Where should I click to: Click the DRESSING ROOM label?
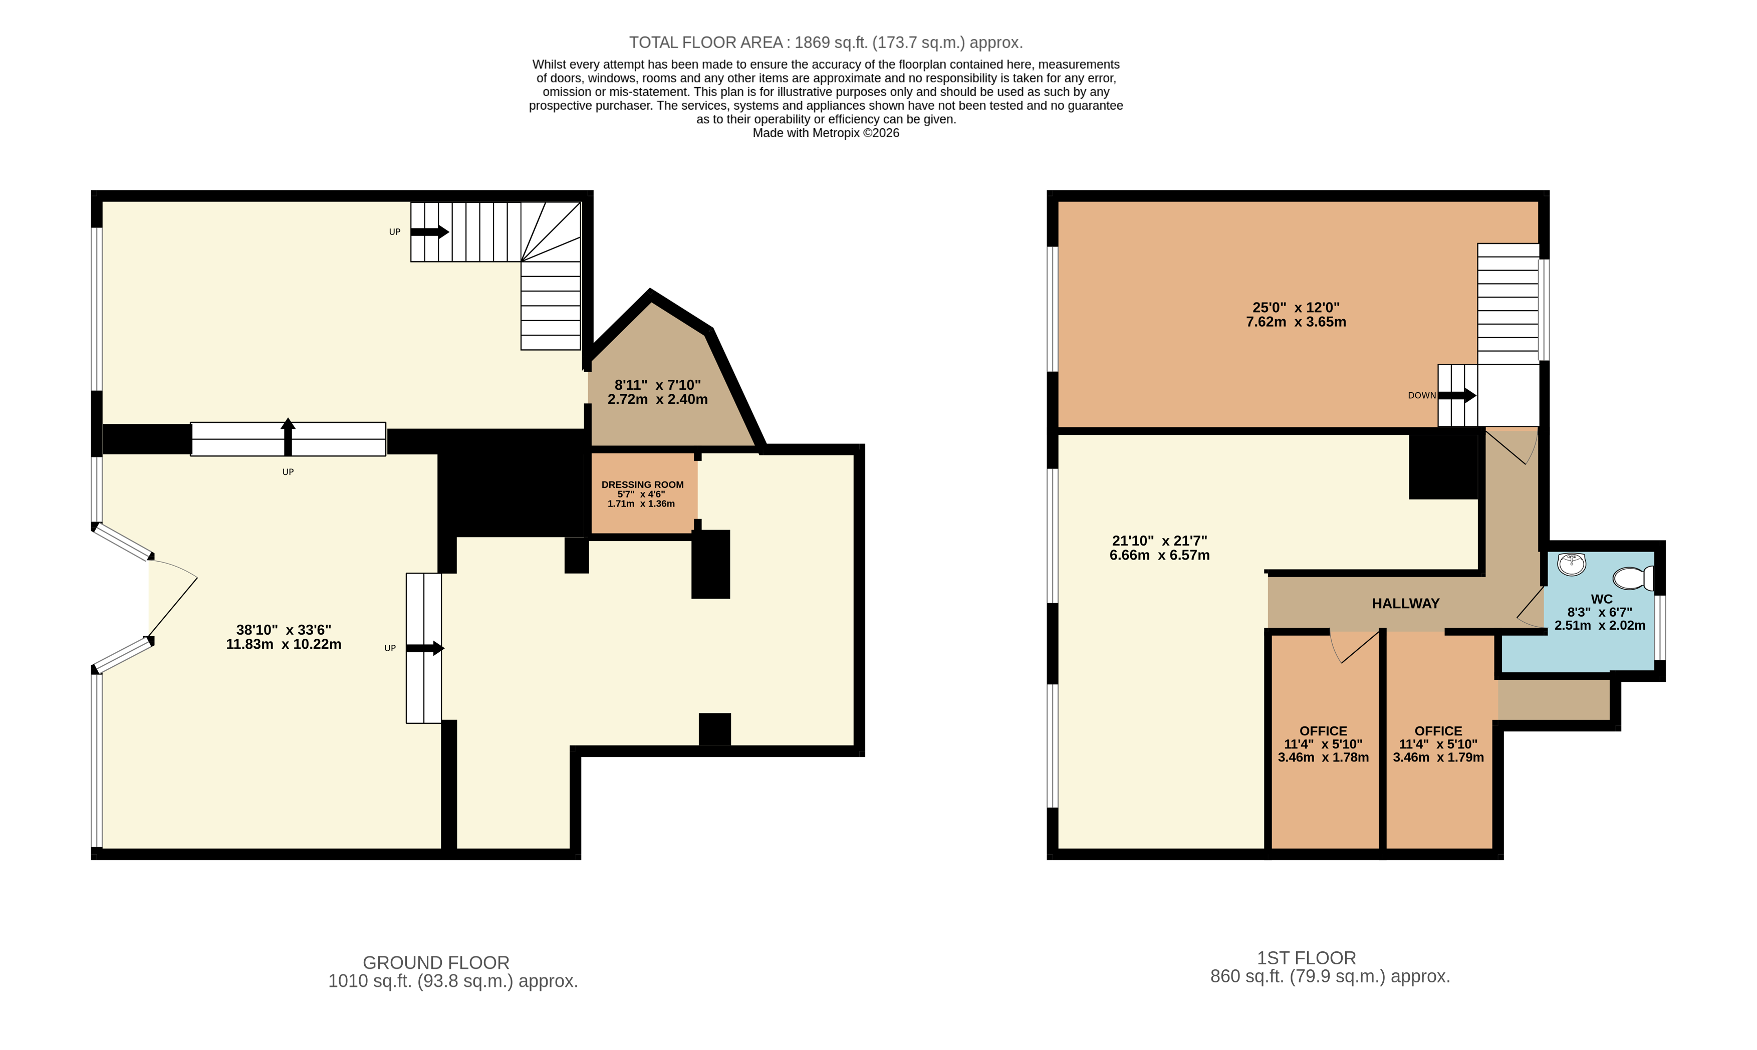(642, 484)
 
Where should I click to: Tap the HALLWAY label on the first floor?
(1405, 604)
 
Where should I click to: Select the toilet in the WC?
(1632, 578)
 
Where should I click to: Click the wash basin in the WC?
(1572, 565)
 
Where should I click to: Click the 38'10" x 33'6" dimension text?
(283, 637)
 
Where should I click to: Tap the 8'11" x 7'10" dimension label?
(657, 392)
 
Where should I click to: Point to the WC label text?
(1601, 599)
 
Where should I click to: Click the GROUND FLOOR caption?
(436, 962)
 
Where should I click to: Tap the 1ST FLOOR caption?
(1306, 958)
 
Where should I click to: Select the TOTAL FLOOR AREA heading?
(826, 43)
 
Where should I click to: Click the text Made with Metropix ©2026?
(826, 133)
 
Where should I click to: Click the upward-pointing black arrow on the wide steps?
(287, 436)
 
